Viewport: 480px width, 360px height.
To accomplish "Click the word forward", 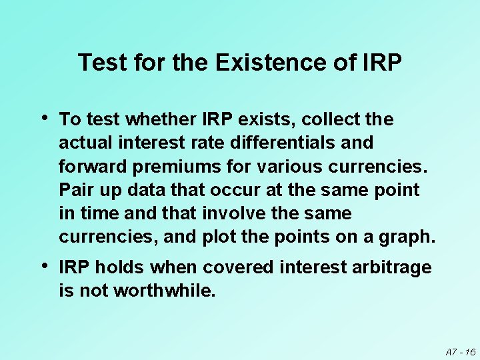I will click(89, 166).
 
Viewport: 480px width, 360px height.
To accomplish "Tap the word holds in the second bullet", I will click(121, 267).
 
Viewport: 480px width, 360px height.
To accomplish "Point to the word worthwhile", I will click(165, 291).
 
